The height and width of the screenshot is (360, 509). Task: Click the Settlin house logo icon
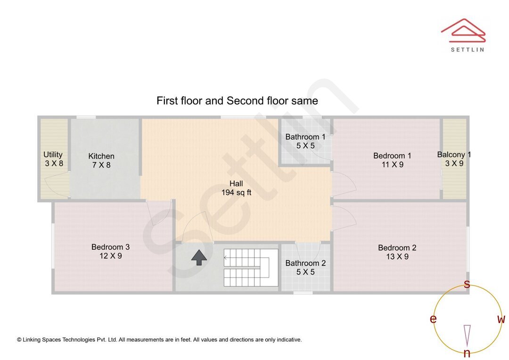463,31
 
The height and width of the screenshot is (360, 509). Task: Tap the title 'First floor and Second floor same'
237,101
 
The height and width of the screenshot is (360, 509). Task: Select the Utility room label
53,155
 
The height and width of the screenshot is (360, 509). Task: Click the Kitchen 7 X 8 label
101,160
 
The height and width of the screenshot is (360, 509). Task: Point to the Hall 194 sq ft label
236,188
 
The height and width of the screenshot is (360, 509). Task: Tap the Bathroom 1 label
305,137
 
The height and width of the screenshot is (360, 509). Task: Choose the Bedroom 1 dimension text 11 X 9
393,164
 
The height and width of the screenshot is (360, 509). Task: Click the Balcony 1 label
454,155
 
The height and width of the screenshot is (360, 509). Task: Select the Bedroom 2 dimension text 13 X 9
397,256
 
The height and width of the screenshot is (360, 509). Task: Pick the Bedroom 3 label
110,247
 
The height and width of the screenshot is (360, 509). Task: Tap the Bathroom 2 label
305,263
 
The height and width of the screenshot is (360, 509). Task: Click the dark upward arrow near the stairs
199,257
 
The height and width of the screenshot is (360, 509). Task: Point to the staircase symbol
251,268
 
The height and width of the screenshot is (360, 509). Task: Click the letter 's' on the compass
467,284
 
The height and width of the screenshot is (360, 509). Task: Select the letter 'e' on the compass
433,319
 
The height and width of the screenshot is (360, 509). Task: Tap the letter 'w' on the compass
501,319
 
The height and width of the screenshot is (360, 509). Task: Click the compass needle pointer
467,335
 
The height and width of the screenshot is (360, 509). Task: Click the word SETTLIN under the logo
468,49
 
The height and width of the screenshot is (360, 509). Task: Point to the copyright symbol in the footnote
19,340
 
